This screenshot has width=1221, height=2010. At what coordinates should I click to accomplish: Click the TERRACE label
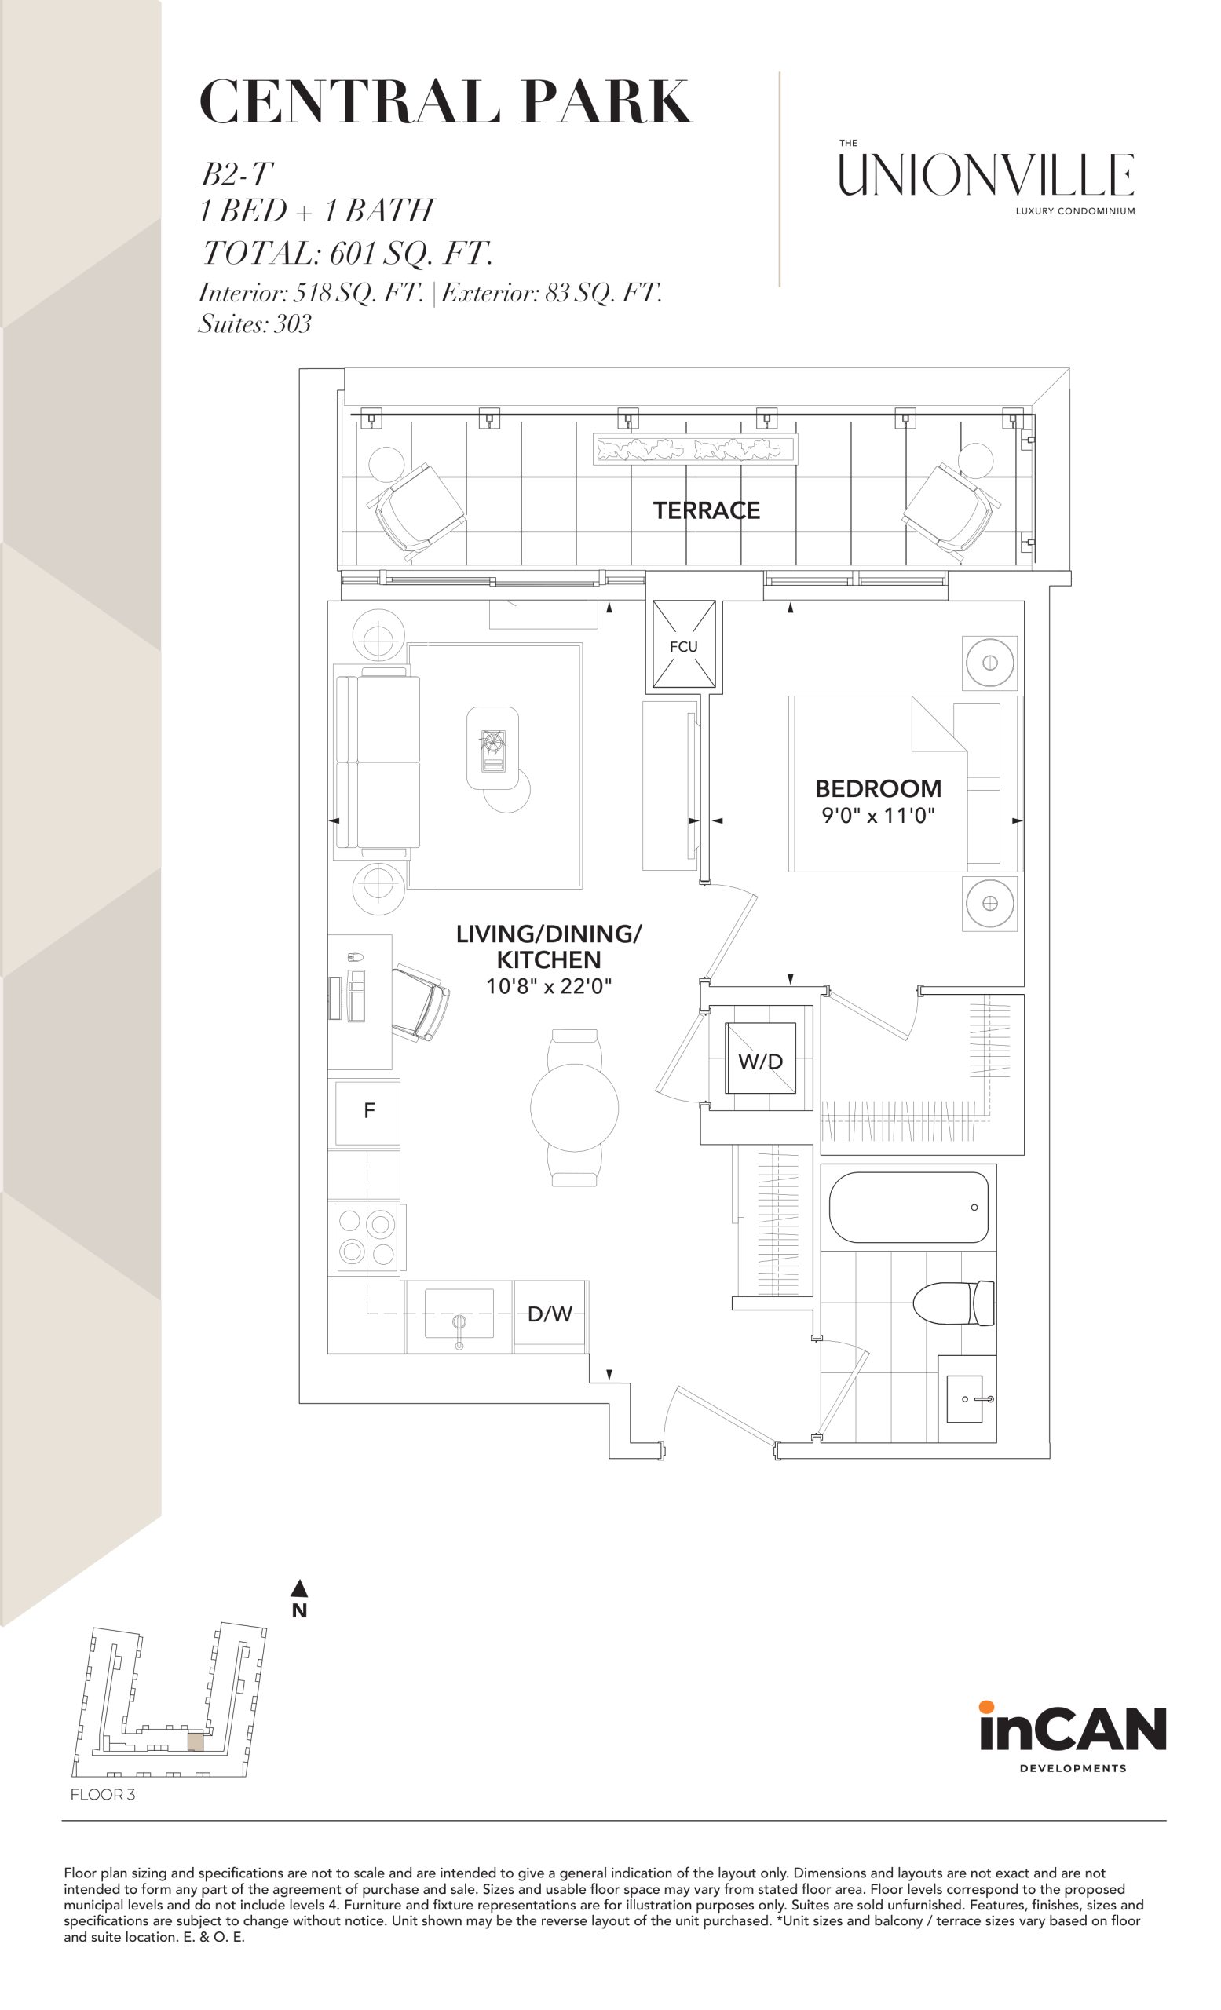click(706, 510)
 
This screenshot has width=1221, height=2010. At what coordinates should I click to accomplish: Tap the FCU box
click(682, 645)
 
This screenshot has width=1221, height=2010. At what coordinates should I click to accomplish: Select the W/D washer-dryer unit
click(760, 1058)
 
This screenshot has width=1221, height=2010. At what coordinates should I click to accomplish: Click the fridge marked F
click(369, 1110)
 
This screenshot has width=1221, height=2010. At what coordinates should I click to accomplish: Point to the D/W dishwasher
click(550, 1314)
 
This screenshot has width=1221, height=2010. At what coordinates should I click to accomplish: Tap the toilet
click(953, 1303)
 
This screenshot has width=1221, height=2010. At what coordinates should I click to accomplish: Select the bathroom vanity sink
click(967, 1399)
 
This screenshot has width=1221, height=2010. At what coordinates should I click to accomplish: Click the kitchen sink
click(459, 1314)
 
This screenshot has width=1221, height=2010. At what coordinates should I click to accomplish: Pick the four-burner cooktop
click(366, 1237)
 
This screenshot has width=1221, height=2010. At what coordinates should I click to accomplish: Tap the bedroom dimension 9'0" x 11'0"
click(878, 815)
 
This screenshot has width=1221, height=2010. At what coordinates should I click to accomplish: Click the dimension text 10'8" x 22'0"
click(549, 986)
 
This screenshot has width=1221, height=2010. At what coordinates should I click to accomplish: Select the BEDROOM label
click(879, 789)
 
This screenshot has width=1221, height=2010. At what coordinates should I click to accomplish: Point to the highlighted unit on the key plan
click(196, 1742)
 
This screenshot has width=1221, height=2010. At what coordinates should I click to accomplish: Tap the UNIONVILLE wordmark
click(986, 174)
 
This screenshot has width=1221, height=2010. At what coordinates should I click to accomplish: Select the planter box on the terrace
click(695, 448)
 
